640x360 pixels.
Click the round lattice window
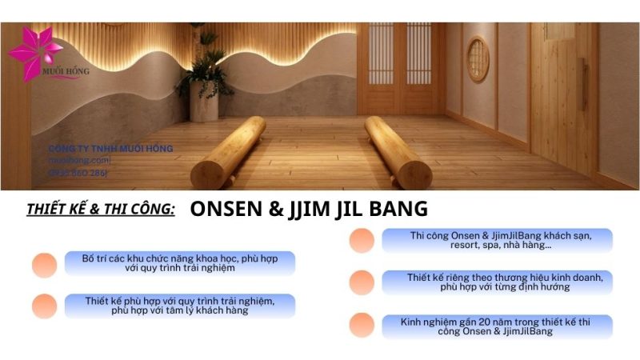tap(478, 58)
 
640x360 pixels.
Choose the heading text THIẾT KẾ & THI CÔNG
tap(101, 210)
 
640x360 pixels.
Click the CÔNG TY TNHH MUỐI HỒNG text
tap(110, 148)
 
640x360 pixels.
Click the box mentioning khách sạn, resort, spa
tap(496, 241)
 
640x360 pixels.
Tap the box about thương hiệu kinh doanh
tap(496, 282)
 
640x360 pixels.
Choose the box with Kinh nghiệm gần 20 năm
tap(496, 326)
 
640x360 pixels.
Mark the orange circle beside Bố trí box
tap(45, 265)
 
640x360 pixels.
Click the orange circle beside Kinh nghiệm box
tap(362, 326)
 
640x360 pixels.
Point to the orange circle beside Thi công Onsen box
tap(362, 241)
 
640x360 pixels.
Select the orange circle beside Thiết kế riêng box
tap(362, 282)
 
